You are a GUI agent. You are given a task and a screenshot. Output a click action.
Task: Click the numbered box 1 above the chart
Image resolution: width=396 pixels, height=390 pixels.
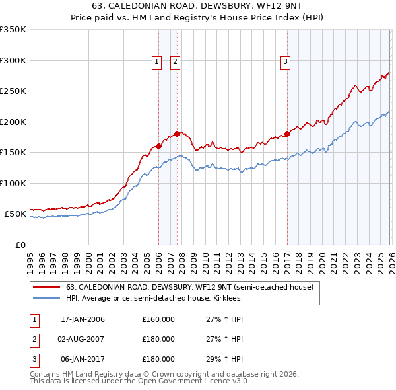157,62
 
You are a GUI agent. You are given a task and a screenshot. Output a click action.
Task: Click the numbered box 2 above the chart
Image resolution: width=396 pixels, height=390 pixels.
176,62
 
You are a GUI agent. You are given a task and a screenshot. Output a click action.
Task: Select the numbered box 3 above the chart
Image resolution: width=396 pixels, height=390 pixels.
286,62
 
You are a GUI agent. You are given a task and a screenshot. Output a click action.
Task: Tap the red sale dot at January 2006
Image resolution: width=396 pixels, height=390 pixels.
158,147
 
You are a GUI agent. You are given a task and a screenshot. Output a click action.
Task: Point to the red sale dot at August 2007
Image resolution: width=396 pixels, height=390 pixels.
177,134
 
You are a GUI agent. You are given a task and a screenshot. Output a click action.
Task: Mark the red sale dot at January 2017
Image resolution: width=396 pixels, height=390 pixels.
287,134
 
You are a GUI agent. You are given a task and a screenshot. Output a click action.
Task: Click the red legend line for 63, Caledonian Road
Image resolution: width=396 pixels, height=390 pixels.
46,287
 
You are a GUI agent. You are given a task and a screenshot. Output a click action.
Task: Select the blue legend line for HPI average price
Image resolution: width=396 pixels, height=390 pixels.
46,299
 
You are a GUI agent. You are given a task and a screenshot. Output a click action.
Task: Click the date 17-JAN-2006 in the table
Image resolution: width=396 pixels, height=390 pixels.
82,319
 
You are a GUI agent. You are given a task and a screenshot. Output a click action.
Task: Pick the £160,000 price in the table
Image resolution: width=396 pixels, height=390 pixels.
158,319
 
